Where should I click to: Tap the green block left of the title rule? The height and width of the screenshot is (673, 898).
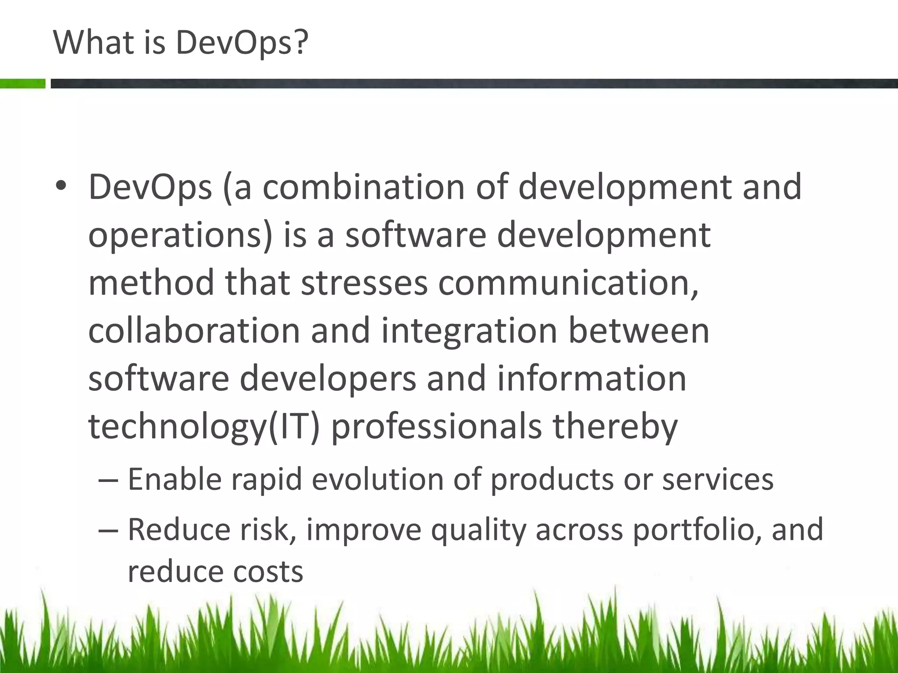coord(22,84)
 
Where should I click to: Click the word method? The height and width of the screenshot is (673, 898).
coord(151,283)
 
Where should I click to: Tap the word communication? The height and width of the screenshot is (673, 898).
coord(568,283)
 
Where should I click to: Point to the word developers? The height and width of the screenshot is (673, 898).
coord(328,379)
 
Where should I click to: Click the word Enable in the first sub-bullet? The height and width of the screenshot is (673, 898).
coord(175,479)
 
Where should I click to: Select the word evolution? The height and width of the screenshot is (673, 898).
coord(378,479)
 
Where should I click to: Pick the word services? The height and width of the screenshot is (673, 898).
coord(718,479)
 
